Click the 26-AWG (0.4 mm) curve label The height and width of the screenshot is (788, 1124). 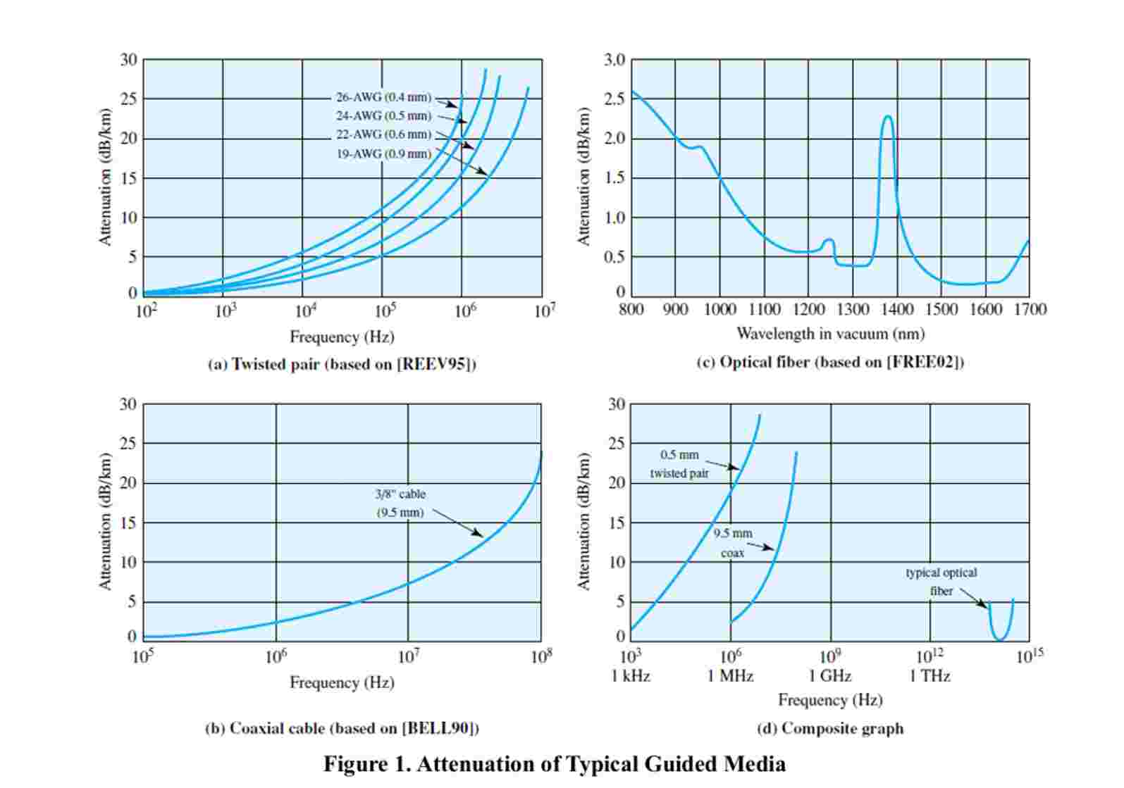click(x=383, y=97)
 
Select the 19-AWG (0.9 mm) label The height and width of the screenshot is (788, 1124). click(x=383, y=154)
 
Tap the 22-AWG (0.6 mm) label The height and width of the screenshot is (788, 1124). click(x=383, y=135)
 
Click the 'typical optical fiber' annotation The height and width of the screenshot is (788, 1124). click(x=941, y=582)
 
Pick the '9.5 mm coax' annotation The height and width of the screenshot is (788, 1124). click(x=733, y=543)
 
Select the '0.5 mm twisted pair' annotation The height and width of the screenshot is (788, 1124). click(x=679, y=464)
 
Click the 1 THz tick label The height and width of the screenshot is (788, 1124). click(x=930, y=677)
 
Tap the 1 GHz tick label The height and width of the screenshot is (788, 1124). click(x=829, y=677)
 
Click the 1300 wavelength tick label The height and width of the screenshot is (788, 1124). click(x=853, y=310)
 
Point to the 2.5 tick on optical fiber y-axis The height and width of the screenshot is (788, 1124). click(x=615, y=99)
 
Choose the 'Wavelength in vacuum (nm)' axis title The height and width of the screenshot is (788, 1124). click(x=830, y=334)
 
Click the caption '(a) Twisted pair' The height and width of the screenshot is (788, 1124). click(x=342, y=364)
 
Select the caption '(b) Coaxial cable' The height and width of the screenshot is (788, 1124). click(x=342, y=728)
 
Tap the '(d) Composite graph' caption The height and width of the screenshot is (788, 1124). click(x=830, y=728)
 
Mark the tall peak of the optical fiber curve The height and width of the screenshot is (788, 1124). click(x=888, y=117)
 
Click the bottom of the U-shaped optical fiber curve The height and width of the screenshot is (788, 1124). click(x=1000, y=639)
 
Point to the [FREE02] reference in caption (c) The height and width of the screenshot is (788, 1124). click(x=925, y=362)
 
